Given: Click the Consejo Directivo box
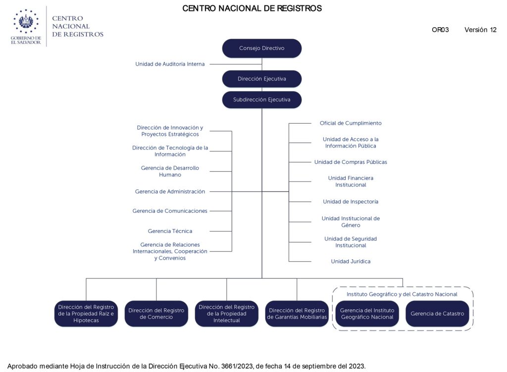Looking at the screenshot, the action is (261, 48).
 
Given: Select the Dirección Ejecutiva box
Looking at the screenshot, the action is (261, 79).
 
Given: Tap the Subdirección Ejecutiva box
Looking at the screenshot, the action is (261, 100).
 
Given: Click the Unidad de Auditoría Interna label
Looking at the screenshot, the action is (170, 64).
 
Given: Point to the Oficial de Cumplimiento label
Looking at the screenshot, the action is (351, 123).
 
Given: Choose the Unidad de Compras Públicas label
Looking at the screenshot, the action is (351, 162).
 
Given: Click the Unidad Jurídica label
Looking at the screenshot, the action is (351, 261).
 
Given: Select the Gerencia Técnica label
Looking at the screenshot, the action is (170, 231).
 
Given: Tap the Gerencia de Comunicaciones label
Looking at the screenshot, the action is (170, 211).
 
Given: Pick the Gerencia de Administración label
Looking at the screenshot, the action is (170, 191).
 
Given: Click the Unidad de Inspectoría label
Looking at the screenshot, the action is (351, 201).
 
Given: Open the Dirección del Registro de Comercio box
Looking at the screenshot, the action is (156, 314).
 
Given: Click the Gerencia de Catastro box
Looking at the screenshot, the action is (437, 314).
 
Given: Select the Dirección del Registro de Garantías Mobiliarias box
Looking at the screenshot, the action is (297, 314).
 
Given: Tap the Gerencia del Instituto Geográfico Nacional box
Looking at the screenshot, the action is (367, 314).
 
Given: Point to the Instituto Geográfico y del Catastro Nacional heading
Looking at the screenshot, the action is (402, 294).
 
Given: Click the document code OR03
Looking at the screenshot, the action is (440, 30).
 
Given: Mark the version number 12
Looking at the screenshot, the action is (493, 30).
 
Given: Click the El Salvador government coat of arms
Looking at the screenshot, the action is (26, 21).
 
